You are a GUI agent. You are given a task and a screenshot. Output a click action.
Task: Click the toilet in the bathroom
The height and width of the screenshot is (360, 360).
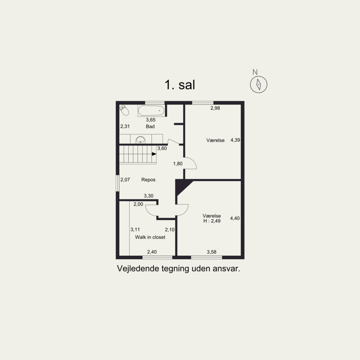[x=124, y=110]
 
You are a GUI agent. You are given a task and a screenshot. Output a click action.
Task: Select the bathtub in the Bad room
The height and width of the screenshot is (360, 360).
[x=151, y=110]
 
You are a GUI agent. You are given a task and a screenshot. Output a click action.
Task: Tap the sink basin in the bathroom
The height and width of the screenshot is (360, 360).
[x=140, y=140]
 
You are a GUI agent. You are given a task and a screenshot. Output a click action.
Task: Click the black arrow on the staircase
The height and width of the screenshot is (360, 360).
[x=154, y=154]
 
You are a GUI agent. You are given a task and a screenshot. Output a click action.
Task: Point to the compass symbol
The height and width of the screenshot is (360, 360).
[x=258, y=84]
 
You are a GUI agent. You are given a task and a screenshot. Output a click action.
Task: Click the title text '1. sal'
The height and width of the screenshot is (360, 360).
[x=180, y=85]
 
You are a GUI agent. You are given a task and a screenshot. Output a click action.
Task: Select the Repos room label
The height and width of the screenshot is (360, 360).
[x=148, y=180]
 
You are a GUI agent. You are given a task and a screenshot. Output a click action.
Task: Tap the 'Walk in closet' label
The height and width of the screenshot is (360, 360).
[x=150, y=237]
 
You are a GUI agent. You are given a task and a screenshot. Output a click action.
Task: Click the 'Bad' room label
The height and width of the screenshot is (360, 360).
[x=150, y=126]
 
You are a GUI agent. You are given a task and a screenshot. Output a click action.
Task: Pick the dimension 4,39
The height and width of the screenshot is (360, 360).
[x=235, y=140]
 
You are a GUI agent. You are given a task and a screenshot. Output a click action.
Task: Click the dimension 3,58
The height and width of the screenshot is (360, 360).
[x=211, y=252]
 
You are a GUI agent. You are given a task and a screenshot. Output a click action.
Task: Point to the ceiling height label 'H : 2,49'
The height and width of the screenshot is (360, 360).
[x=212, y=221]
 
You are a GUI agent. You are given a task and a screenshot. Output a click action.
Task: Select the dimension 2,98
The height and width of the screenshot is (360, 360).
[x=215, y=108]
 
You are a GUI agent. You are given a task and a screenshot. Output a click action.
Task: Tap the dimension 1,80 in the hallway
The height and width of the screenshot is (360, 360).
[x=178, y=163]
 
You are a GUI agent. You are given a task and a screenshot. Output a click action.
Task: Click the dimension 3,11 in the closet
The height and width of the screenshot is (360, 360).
[x=135, y=229]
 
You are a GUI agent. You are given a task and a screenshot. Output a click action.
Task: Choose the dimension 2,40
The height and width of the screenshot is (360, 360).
[x=152, y=252]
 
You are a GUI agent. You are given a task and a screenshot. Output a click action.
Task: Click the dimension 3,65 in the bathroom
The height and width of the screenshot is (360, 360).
[x=151, y=120]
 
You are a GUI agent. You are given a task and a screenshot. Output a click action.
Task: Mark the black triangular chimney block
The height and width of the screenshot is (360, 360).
[x=181, y=186]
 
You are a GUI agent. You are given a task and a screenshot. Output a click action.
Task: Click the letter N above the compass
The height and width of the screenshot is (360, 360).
[x=255, y=72]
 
